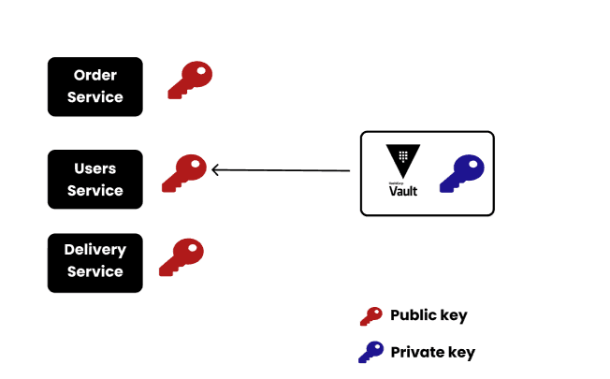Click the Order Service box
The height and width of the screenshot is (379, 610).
pos(94,86)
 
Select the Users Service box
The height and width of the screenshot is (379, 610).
pos(94,179)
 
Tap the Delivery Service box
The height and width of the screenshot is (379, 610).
pos(94,262)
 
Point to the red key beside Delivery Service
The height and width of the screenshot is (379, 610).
pos(181,256)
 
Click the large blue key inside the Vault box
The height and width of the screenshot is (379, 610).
pos(461,174)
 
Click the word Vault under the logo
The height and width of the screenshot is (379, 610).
pos(403,191)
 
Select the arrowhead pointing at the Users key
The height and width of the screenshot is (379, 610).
pos(216,170)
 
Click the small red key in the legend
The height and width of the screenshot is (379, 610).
pos(370,316)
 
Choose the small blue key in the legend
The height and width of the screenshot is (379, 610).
pos(370,353)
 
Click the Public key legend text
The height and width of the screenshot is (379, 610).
pos(428,315)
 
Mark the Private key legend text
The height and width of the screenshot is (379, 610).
pos(432,353)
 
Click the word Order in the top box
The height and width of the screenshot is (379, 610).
pos(94,75)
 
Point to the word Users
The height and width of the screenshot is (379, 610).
pos(94,168)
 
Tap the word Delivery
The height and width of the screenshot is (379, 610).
pos(94,250)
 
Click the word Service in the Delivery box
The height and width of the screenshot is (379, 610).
pos(94,272)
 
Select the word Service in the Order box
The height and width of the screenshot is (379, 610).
pos(94,97)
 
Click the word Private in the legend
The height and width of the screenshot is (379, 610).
pos(418,353)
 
